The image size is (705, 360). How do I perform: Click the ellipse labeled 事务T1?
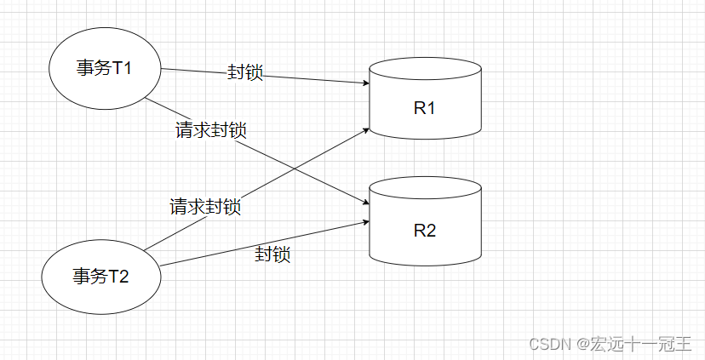105,69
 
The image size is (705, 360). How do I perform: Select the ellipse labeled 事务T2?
100,275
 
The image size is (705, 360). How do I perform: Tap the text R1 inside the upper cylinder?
424,108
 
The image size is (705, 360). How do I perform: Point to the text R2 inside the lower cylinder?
424,230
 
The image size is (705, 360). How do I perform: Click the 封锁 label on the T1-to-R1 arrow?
245,72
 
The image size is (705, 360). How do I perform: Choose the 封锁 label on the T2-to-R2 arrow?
273,254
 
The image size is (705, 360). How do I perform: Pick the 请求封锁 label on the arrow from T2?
205,206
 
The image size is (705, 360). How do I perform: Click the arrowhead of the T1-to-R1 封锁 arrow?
366,84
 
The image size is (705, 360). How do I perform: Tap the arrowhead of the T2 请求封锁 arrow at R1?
366,129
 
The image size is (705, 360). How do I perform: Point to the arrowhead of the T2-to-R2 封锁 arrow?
366,221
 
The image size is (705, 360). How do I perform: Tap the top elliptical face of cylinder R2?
425,187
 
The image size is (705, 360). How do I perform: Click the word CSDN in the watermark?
548,344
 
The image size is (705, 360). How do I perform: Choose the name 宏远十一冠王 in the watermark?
642,344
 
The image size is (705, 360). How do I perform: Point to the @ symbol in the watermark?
582,344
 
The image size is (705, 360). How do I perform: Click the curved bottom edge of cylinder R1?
425,139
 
